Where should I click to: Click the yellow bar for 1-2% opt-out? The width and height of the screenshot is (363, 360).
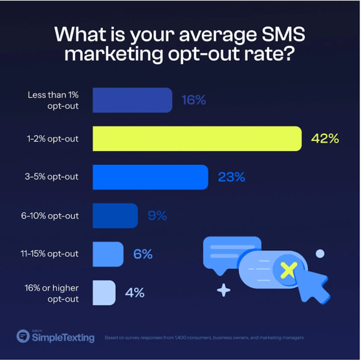(x=197, y=138)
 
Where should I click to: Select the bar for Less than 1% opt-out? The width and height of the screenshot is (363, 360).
(x=132, y=100)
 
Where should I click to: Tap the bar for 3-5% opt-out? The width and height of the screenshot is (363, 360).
(x=150, y=177)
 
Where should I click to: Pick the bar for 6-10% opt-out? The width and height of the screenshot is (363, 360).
(x=115, y=215)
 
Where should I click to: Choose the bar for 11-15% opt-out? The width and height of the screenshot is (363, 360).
(x=107, y=254)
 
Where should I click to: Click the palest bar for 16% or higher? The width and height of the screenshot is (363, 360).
(x=104, y=293)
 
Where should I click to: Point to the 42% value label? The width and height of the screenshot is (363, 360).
(x=325, y=138)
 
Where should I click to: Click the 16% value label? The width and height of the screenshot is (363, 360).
(x=193, y=100)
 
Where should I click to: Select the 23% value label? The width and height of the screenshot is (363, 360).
(x=231, y=177)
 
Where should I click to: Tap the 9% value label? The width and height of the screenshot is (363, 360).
(x=157, y=215)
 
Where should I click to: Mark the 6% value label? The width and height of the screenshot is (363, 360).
(x=142, y=254)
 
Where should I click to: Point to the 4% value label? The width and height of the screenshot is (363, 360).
(x=135, y=293)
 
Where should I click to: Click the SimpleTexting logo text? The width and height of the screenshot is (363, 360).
(x=63, y=337)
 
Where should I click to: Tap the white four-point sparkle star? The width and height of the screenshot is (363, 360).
(x=223, y=290)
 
